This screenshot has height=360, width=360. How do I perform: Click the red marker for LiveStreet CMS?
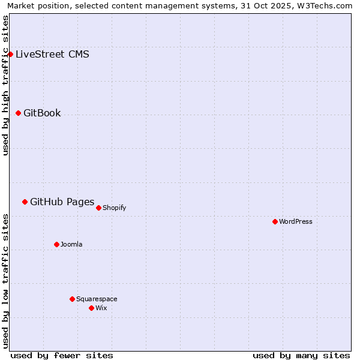tap(10, 54)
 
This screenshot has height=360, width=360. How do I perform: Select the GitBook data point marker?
tap(18, 113)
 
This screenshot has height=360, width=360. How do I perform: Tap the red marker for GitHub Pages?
tap(25, 202)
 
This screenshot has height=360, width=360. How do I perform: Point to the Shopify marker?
tap(98, 208)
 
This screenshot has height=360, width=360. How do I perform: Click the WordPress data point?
tap(275, 221)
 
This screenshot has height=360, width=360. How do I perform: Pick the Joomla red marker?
tap(56, 244)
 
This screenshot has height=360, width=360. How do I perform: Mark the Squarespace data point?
tap(72, 299)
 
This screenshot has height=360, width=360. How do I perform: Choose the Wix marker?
tap(91, 308)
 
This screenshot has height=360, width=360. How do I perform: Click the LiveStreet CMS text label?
tap(52, 55)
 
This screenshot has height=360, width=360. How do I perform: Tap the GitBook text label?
tap(42, 113)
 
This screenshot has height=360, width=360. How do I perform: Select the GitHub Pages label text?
tap(62, 202)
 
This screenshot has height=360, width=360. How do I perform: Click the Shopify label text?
tap(114, 208)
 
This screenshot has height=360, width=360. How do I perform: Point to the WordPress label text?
tap(296, 222)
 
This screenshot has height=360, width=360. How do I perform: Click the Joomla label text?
tap(71, 245)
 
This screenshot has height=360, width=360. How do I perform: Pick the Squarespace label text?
tap(97, 299)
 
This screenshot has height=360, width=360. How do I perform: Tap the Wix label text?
tap(101, 308)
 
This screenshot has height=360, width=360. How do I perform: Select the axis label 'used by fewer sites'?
tap(62, 355)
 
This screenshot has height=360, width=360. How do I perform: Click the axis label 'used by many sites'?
tap(301, 355)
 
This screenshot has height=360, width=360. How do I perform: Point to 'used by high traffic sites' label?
tap(5, 85)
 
